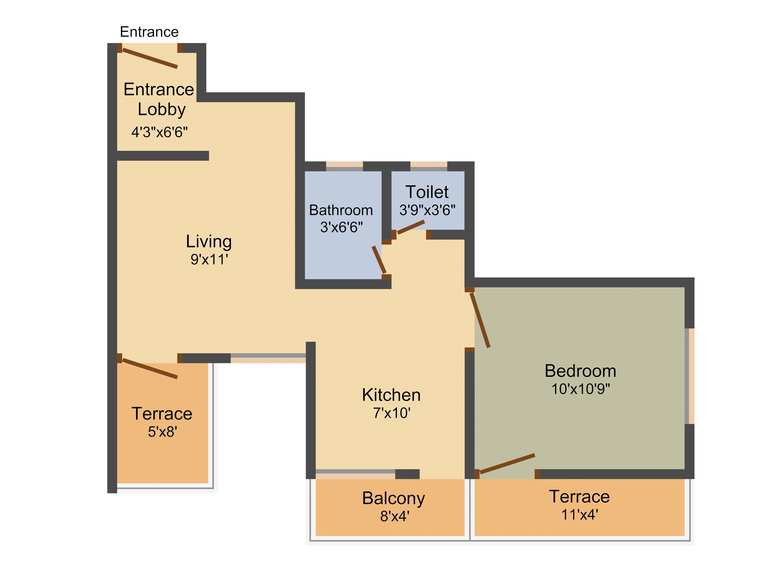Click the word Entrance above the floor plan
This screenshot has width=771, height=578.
point(149,32)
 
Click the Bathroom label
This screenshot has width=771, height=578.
point(341,210)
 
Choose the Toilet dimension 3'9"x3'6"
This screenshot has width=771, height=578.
point(427,210)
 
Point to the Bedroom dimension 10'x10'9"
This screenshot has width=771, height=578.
point(581,389)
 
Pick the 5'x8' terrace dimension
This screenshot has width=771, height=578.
point(162,432)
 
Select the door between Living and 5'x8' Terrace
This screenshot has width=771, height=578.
point(150,369)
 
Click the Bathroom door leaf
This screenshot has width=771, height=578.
point(379,260)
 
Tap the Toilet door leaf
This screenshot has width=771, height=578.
point(411,227)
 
